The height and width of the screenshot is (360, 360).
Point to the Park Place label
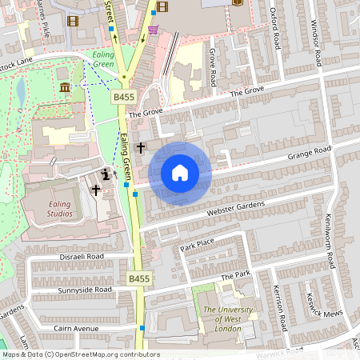(198, 243)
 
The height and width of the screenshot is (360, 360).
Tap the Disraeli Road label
(82, 257)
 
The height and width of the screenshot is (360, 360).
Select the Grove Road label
(213, 66)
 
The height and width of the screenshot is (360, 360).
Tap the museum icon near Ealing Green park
(64, 86)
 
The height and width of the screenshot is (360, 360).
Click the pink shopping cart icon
(152, 30)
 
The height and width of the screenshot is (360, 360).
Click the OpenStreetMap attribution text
(80, 354)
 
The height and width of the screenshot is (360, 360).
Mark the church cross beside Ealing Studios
(96, 190)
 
